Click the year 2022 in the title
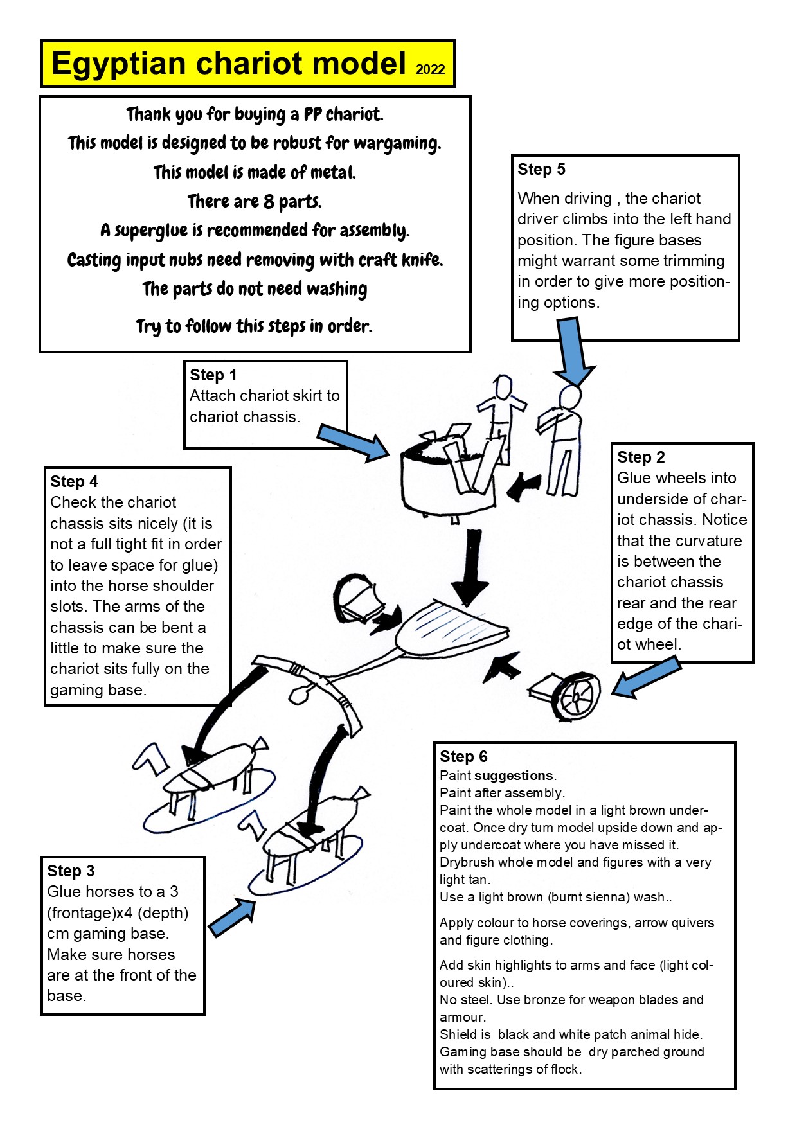[x=430, y=69]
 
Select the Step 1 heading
[x=213, y=375]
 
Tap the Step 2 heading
[x=641, y=457]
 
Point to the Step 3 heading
[x=71, y=871]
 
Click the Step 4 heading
[x=75, y=482]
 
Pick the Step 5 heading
[x=541, y=170]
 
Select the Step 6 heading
[x=463, y=757]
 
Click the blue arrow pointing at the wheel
[x=645, y=678]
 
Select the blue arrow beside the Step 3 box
[x=232, y=917]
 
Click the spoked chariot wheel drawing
[x=578, y=697]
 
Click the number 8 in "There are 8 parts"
[x=268, y=202]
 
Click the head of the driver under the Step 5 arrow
[x=569, y=396]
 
